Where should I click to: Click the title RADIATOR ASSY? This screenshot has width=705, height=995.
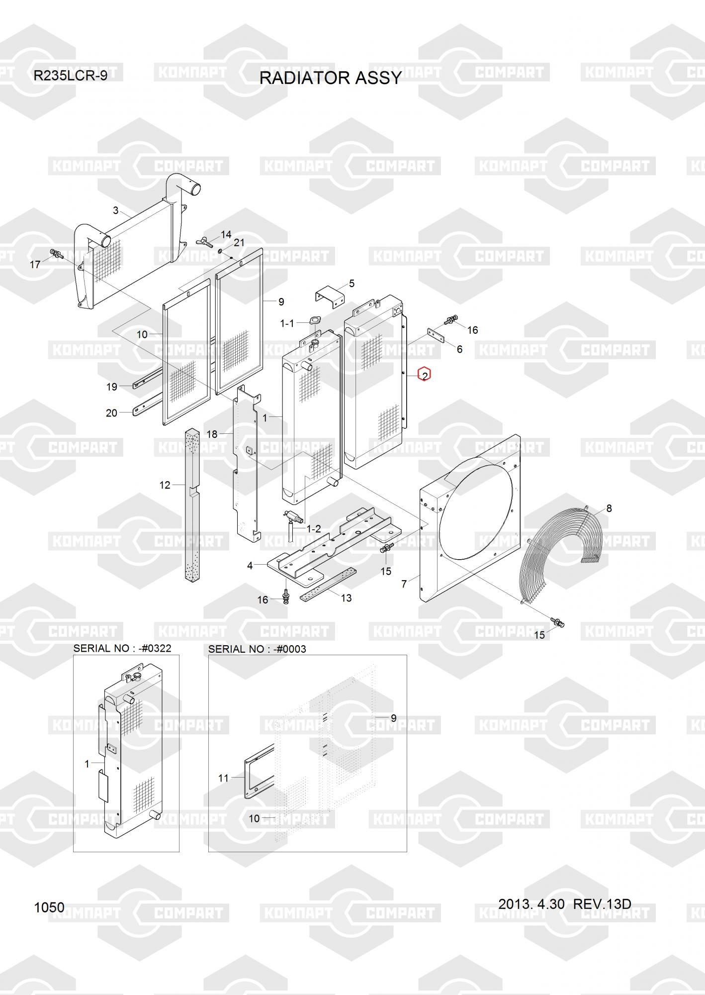click(x=331, y=78)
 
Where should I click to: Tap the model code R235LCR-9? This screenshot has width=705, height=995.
click(x=70, y=76)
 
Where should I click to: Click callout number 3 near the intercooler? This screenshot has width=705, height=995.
click(x=116, y=210)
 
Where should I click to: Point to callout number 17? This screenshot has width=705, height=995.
click(x=35, y=264)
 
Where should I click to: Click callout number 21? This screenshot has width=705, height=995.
click(x=239, y=243)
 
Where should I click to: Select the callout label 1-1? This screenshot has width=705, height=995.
click(x=287, y=323)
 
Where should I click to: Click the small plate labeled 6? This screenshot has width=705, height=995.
click(x=436, y=336)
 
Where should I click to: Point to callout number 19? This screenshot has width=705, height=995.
click(x=111, y=387)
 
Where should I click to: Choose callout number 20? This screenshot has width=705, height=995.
click(x=111, y=413)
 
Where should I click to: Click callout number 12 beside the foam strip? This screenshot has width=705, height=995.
click(x=165, y=485)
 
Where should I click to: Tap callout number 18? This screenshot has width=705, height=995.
click(x=212, y=434)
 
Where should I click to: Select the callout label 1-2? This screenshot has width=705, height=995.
click(x=313, y=528)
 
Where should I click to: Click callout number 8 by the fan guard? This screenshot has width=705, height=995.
click(x=609, y=508)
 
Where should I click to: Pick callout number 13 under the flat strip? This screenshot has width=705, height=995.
click(x=346, y=598)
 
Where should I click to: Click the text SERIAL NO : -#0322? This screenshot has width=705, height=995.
click(x=122, y=648)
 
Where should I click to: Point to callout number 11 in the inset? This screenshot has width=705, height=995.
click(x=223, y=778)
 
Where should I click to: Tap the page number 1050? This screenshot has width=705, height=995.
click(x=49, y=907)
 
